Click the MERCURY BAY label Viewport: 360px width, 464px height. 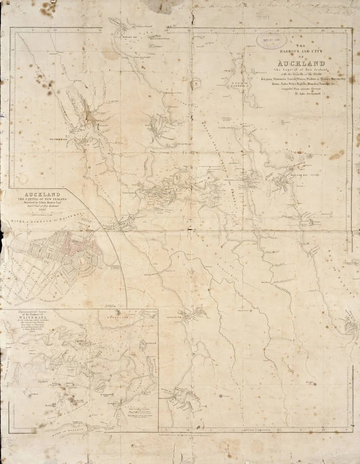pos(300,175)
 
